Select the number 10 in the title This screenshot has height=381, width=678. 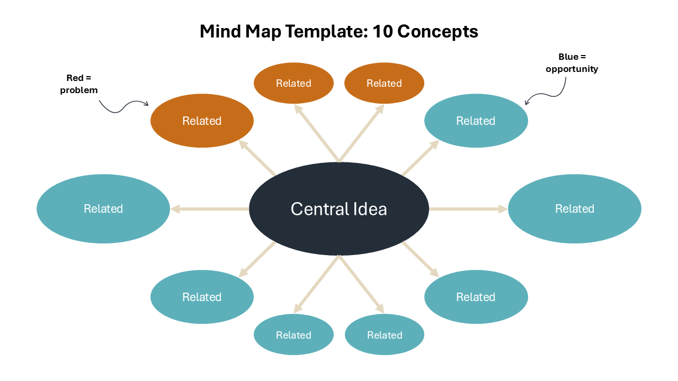(x=382, y=32)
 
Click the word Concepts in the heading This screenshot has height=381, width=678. (x=438, y=32)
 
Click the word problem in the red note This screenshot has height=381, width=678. (x=79, y=90)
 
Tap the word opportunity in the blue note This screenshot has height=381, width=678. (x=572, y=69)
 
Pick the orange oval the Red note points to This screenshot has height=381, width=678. (x=202, y=121)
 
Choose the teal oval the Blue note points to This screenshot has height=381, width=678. (x=476, y=121)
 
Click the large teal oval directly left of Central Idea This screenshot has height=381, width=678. (x=103, y=208)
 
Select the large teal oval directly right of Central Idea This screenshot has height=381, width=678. (x=575, y=208)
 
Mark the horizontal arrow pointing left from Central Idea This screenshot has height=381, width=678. (x=210, y=209)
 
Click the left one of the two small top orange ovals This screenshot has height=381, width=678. (x=293, y=83)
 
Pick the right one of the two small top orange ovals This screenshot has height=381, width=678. (x=384, y=83)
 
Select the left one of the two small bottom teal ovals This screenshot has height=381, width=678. (x=293, y=335)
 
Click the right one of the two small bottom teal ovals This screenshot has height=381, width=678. (x=385, y=335)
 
